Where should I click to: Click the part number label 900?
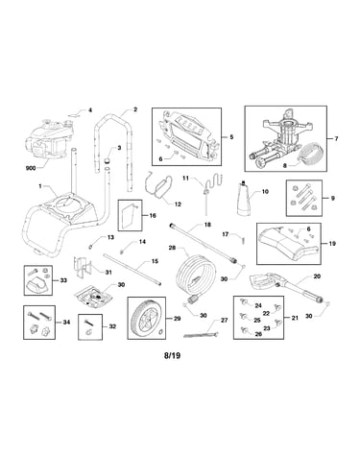31,168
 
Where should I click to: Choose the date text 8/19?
172,355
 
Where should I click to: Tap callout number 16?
153,215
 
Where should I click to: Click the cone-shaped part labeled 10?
247,199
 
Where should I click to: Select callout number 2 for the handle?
135,109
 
